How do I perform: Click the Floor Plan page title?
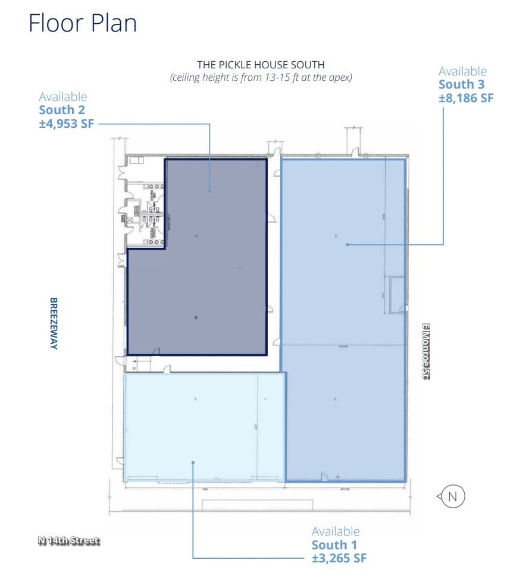click(83, 23)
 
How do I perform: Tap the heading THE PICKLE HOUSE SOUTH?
click(261, 65)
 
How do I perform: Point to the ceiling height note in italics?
click(261, 78)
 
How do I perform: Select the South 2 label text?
click(62, 110)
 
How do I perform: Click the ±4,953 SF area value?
click(66, 124)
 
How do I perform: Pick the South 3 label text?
click(461, 84)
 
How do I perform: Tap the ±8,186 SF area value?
click(466, 98)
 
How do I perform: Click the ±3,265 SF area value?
click(339, 558)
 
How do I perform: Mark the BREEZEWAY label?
click(53, 323)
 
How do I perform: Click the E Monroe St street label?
click(426, 351)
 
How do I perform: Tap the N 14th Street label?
click(68, 540)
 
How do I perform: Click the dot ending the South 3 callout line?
click(347, 244)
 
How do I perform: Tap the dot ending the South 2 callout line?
click(209, 191)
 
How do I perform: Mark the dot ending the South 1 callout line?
click(193, 461)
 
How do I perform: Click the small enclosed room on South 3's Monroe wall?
click(395, 294)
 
